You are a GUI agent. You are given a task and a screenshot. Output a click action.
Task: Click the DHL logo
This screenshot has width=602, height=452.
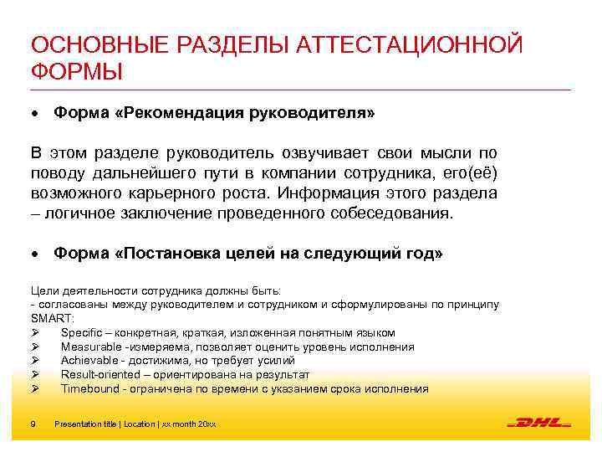538,424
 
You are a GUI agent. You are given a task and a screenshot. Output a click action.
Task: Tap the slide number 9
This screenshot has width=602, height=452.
32,424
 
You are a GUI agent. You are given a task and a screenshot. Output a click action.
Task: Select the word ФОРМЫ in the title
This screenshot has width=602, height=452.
76,73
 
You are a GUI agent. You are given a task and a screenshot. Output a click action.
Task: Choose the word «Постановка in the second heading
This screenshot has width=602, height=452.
175,254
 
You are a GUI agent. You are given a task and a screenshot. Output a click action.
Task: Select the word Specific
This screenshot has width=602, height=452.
81,332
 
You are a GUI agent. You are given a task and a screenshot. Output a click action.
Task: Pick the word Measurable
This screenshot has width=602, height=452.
90,347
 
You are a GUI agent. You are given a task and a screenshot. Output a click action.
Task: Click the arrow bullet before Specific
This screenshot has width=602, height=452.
34,332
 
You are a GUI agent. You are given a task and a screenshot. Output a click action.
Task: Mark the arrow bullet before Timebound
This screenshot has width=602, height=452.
34,389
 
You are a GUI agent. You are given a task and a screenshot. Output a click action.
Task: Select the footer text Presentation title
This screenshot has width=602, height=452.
86,424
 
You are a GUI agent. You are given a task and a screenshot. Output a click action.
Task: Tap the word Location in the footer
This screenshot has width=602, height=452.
140,424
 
